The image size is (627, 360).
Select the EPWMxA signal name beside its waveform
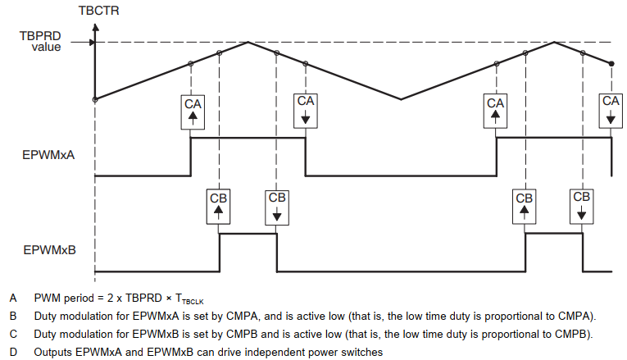(48, 153)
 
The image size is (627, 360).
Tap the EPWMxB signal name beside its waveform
(49, 248)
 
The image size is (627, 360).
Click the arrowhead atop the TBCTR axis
(95, 26)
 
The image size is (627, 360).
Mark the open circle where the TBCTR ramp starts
(95, 99)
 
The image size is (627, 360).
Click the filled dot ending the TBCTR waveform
(611, 63)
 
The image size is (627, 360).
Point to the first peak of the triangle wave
(248, 42)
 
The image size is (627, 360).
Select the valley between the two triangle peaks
(401, 99)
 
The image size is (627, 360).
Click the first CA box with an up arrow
(192, 112)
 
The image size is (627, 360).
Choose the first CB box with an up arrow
(219, 207)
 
